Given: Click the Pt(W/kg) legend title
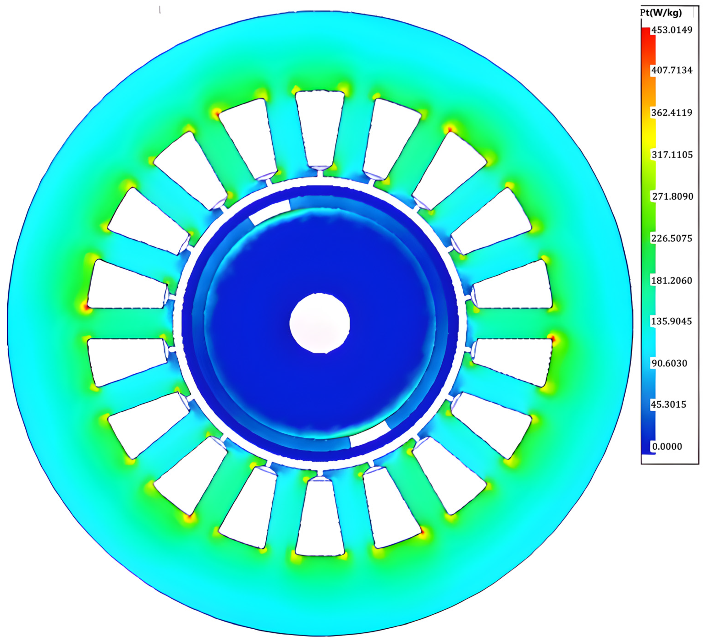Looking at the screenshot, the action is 661,13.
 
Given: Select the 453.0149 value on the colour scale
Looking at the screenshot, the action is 672,30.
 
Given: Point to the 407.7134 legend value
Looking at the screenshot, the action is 672,70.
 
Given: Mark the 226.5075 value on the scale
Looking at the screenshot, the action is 672,238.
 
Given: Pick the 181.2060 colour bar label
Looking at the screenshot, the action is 672,280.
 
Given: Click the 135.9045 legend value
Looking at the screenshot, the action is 671,321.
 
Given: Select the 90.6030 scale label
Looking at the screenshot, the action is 669,363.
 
